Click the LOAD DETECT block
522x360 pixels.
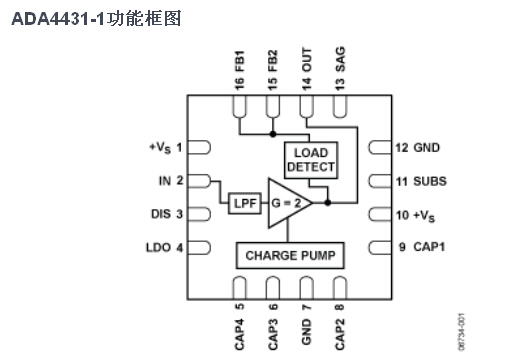point(311,160)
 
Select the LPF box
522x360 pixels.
point(245,203)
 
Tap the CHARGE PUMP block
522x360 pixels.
point(290,255)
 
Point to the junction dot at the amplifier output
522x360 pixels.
point(328,202)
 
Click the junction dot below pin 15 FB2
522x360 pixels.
point(273,134)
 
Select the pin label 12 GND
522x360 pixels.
point(418,148)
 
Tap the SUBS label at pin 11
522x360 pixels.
point(430,181)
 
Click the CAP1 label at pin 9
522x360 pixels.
point(429,247)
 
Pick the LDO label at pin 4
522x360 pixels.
point(159,248)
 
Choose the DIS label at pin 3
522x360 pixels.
point(161,214)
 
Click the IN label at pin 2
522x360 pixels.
point(165,181)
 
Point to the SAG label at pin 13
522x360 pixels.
point(340,59)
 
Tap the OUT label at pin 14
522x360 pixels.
point(307,60)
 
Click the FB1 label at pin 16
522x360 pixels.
point(240,61)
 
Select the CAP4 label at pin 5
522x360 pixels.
point(240,334)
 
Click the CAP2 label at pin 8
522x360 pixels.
point(340,334)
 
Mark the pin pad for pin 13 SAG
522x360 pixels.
point(340,107)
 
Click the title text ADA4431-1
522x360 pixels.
point(58,19)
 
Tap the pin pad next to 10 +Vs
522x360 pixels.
point(380,214)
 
